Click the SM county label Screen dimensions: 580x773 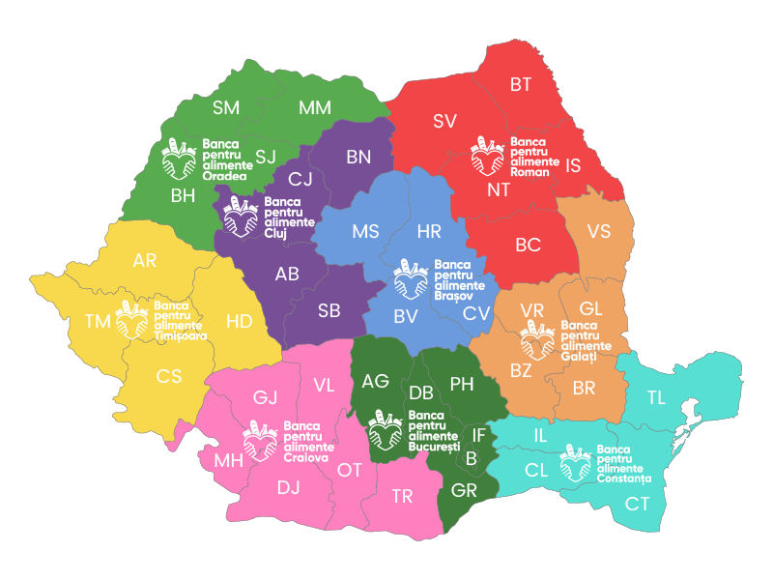(x=226, y=106)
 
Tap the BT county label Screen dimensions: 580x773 (x=521, y=85)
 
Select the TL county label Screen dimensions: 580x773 (x=656, y=397)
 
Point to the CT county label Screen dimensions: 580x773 (x=637, y=503)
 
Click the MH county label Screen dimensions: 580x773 (x=229, y=460)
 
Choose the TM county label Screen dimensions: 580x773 (x=98, y=322)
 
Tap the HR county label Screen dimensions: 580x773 (x=428, y=232)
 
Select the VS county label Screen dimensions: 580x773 (x=599, y=232)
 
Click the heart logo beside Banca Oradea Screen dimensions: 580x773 (x=178, y=159)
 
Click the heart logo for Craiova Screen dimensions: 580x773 (x=260, y=440)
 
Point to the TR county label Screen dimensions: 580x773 (x=402, y=497)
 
